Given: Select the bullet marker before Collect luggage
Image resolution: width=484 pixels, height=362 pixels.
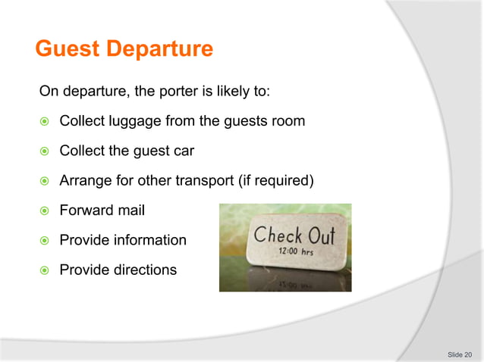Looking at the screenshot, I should click(45, 122).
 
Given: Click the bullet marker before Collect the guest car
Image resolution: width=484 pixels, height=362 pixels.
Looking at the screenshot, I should click(45, 151).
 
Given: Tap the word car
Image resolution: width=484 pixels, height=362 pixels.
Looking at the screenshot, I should click(183, 151).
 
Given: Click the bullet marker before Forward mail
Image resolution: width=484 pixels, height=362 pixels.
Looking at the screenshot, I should click(45, 211).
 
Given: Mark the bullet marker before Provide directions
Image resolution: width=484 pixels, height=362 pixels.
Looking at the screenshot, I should click(45, 270).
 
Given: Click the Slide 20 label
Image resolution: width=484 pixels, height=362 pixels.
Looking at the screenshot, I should click(459, 354).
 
